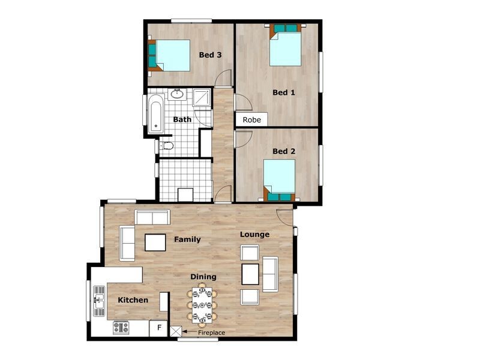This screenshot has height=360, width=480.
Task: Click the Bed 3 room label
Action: [211, 55]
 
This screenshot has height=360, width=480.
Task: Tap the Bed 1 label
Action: [284, 92]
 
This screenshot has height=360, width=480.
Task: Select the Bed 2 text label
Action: [284, 151]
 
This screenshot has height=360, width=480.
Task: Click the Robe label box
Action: [252, 119]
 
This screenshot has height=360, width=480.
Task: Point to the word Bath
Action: [182, 119]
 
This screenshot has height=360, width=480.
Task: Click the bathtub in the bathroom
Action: [155, 113]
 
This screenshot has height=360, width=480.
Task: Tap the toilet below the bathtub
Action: [167, 146]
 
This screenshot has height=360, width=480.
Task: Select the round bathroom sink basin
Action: [178, 94]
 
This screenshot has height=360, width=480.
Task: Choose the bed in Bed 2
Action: [280, 179]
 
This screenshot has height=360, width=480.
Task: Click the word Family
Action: [187, 239]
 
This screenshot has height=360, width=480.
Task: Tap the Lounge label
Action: [254, 235]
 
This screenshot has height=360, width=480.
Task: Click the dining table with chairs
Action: [200, 304]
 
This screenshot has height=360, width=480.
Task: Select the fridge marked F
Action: [159, 328]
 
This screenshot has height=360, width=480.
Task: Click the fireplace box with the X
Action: [176, 331]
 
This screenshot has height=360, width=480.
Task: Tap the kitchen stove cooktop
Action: [121, 328]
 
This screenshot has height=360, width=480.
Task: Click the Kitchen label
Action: [133, 300]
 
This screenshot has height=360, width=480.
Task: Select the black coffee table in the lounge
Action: [250, 274]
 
